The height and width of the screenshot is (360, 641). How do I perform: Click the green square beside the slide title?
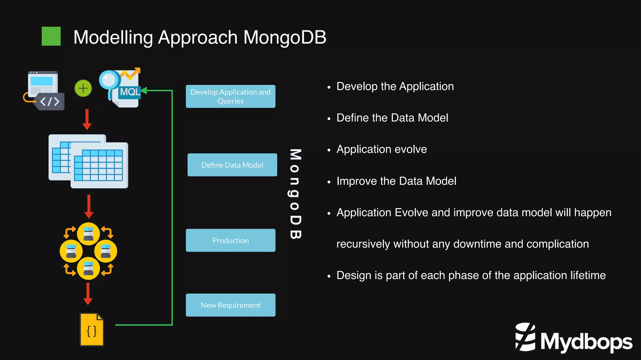click(51, 36)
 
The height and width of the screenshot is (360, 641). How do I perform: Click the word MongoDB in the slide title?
click(285, 38)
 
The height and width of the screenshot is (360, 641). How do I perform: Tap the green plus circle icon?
click(83, 89)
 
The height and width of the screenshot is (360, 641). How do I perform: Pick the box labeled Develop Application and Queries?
click(230, 96)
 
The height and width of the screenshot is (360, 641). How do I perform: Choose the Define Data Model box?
click(232, 165)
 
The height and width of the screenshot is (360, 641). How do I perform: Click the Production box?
click(230, 240)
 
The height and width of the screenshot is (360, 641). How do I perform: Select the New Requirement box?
click(230, 305)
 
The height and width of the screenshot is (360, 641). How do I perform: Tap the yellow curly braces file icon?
click(91, 330)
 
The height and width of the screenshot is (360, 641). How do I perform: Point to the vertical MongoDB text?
click(295, 194)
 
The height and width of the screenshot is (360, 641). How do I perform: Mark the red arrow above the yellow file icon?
click(88, 294)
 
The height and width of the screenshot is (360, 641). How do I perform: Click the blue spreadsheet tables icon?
click(88, 161)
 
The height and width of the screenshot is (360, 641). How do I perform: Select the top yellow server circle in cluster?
click(88, 234)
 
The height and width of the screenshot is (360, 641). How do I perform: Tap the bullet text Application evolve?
click(381, 149)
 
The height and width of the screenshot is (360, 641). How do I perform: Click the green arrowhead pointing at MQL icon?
click(144, 91)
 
